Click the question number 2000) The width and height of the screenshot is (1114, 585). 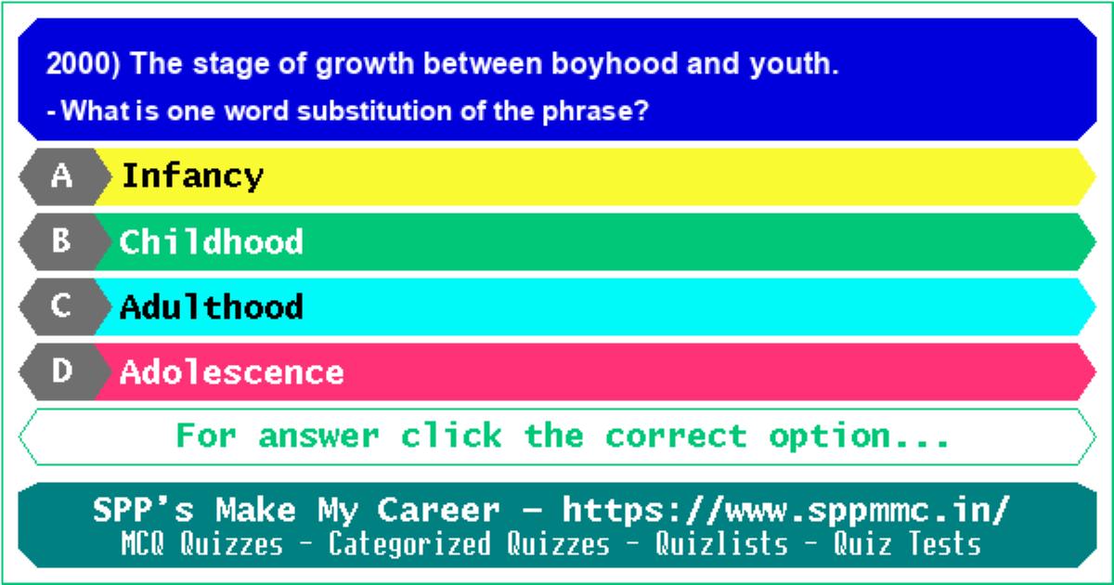(x=83, y=64)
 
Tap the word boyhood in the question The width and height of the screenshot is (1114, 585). (x=615, y=64)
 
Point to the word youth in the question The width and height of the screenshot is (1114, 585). (x=794, y=65)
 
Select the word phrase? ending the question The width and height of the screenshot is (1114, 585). (x=595, y=111)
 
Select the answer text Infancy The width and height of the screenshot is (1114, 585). (x=192, y=176)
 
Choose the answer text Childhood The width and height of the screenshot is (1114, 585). (x=211, y=241)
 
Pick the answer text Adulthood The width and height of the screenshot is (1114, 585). (x=212, y=307)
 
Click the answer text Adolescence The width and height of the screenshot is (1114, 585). (x=232, y=372)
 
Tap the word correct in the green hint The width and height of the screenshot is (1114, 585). (x=676, y=436)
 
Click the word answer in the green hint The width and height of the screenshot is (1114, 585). (x=318, y=436)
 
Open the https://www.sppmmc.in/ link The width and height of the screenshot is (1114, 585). (x=785, y=511)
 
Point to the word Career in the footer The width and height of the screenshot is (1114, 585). (x=438, y=511)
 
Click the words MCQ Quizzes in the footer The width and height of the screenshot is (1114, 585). (x=202, y=544)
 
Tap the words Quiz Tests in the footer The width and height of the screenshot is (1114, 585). (x=907, y=544)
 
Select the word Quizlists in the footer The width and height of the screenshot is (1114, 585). (x=721, y=544)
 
